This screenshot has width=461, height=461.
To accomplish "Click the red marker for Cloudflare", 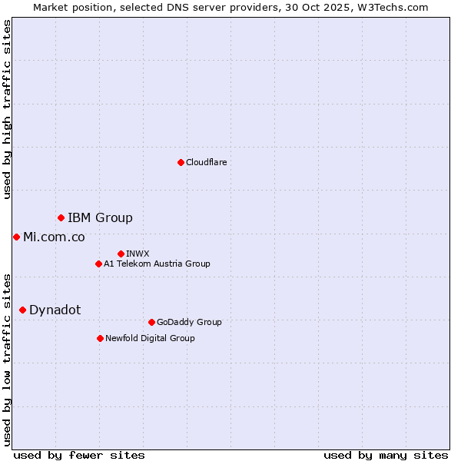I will [181, 162].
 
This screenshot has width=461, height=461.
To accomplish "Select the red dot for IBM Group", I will [61, 218].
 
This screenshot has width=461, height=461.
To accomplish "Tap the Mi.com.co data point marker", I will [16, 237].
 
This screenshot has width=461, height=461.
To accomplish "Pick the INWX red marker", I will [121, 254].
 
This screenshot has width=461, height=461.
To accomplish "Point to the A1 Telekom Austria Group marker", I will [98, 264].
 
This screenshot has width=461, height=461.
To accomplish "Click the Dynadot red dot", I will [22, 310].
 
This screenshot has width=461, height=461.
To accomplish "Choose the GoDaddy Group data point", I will [151, 322].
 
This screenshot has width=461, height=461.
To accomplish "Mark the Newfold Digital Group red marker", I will [100, 338].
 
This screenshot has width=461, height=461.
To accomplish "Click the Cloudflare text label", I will [206, 162].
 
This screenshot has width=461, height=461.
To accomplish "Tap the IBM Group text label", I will [100, 218].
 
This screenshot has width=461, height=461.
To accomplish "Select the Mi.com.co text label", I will [54, 237].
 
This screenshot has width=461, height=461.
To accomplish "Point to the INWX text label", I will [138, 254].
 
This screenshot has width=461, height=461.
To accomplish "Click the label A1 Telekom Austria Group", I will [157, 264].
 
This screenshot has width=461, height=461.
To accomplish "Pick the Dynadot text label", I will [55, 310].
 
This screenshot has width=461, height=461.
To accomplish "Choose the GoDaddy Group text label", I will [188, 322].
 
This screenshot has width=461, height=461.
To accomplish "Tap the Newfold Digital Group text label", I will [150, 338].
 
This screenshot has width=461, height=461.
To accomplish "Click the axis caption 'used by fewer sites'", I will [79, 455].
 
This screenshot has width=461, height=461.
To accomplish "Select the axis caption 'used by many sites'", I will [386, 455].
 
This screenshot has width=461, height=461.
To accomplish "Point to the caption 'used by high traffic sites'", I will [7, 109].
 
